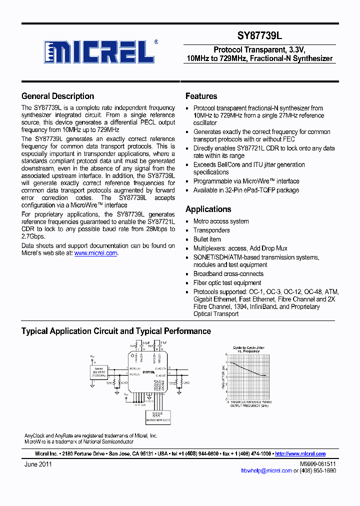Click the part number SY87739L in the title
pos(259,36)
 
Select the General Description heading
pos(57,96)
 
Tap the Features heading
pos(201,96)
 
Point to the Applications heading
pos(208,209)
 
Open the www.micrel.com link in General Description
pos(96,253)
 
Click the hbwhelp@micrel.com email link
pos(266,470)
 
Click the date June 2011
pos(38,464)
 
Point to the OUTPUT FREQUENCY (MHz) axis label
pos(249,406)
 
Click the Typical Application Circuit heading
pos(116,331)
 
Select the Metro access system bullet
pos(221,221)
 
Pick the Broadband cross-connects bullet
pos(228,274)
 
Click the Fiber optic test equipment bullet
pos(227,283)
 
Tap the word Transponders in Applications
pos(211,230)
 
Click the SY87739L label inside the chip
pos(148,372)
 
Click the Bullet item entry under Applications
pos(207,239)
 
